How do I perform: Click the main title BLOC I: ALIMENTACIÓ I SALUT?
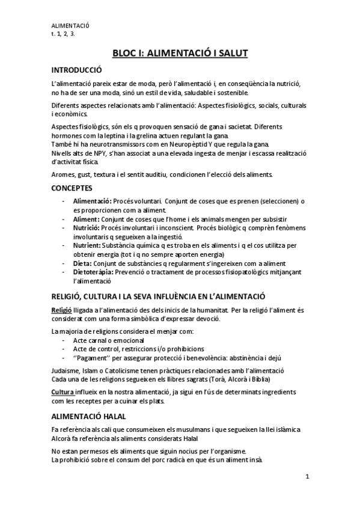pos(180,54)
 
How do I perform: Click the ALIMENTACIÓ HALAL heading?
pos(89,416)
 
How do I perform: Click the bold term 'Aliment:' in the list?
pos(87,219)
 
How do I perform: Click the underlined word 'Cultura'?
pos(63,392)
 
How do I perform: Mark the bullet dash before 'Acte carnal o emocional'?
pos(64,340)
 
